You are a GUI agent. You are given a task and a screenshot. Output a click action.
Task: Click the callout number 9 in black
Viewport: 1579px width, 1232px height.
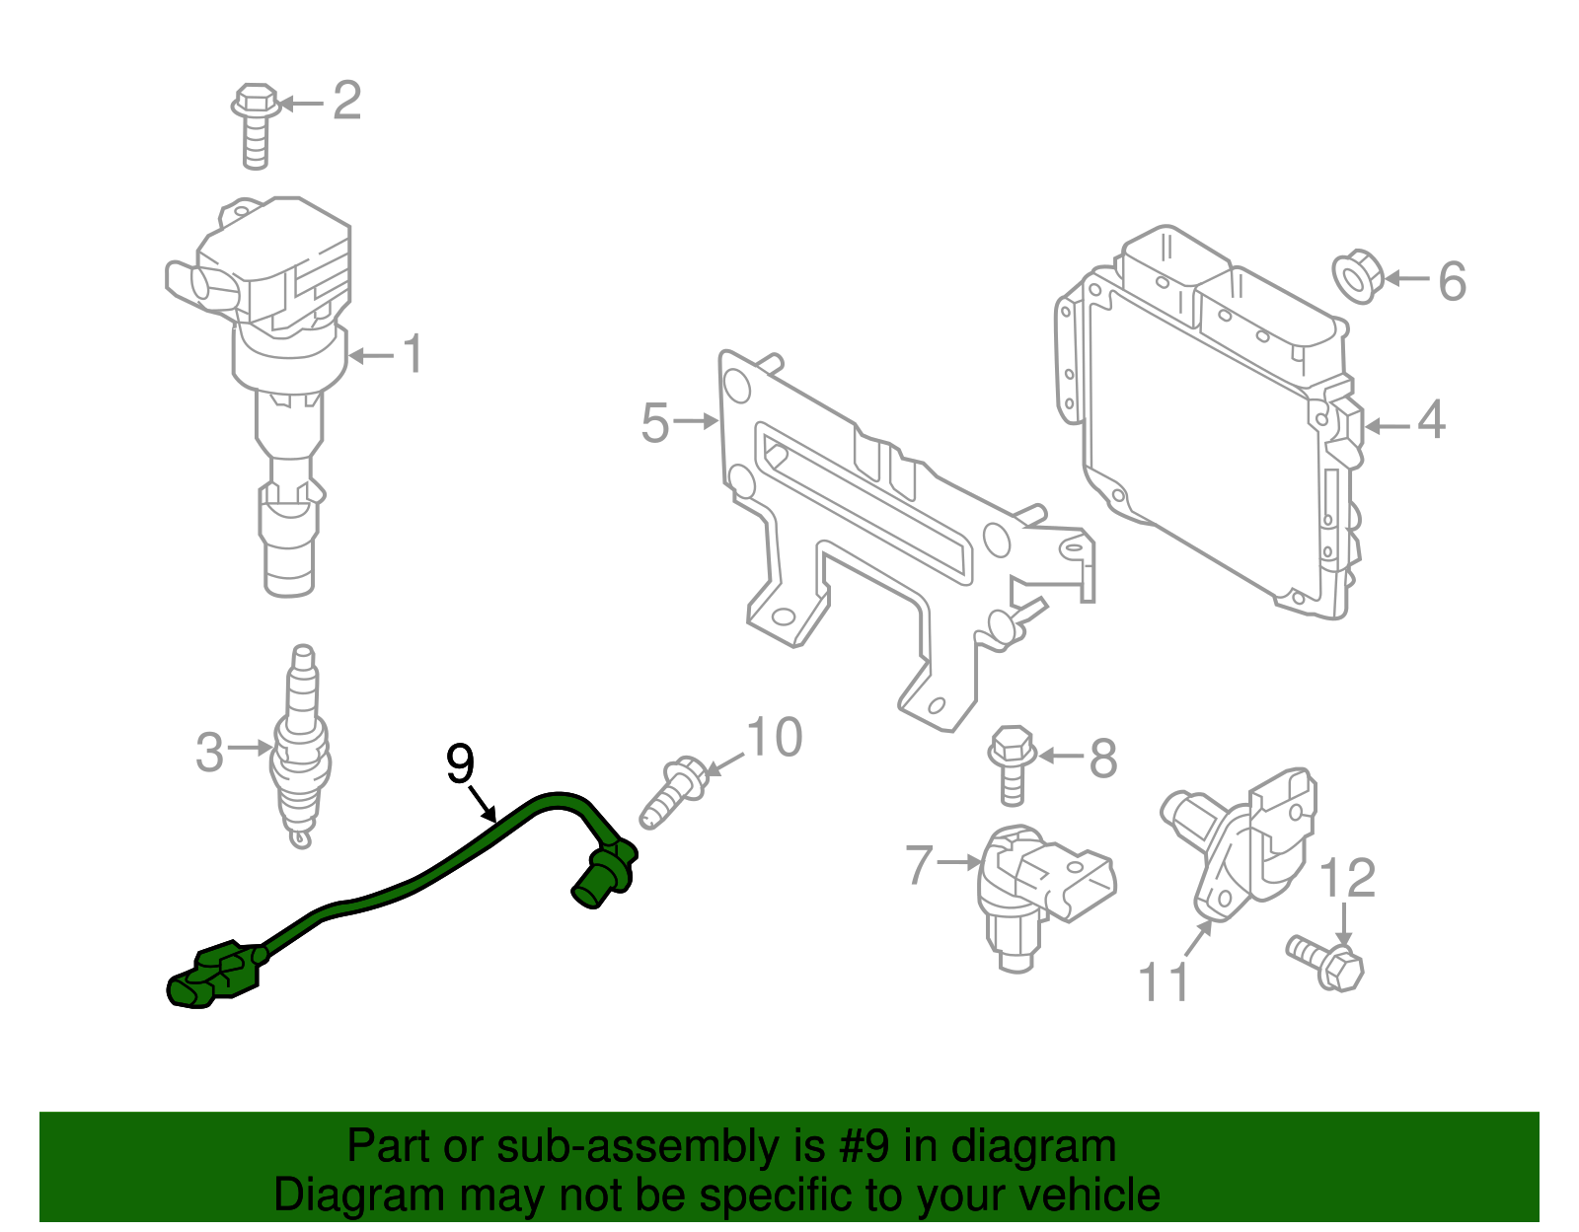coord(460,763)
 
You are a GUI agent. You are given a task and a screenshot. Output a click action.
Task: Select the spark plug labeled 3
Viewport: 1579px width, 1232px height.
coord(302,750)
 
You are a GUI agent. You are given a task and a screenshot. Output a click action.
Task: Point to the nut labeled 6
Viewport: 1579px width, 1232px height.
coord(1357,279)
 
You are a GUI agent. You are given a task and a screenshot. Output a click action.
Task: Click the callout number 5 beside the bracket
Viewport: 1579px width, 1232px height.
coord(655,423)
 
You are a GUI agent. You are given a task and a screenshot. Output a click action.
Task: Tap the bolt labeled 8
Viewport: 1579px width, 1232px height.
coord(1012,764)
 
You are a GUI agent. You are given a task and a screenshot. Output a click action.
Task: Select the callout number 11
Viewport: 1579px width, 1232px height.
coord(1165,981)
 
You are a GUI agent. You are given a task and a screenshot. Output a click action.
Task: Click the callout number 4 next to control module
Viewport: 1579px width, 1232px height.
coord(1431,421)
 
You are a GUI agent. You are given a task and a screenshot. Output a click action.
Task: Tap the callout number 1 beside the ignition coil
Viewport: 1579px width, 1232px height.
coord(414,354)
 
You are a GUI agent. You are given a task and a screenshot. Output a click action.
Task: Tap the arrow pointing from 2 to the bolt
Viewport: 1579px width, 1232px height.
coord(302,103)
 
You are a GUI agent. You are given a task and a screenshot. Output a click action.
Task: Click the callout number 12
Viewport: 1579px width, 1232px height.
coord(1347,878)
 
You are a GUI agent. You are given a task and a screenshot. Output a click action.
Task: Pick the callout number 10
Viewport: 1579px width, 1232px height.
coord(775,738)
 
